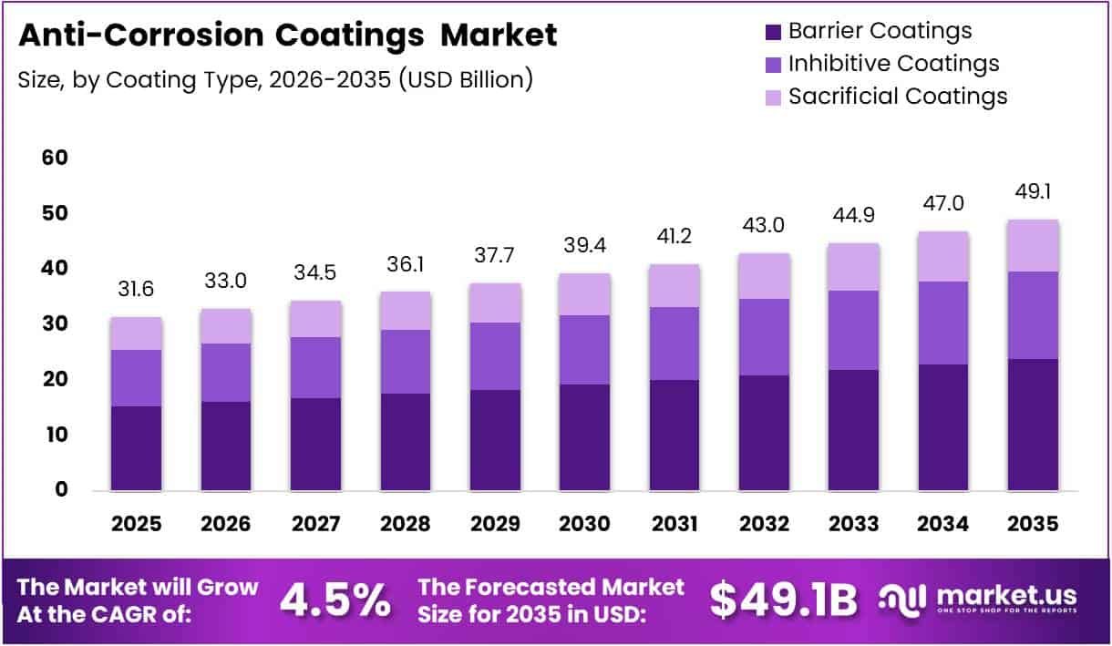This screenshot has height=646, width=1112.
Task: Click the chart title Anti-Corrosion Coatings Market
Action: pyautogui.click(x=287, y=35)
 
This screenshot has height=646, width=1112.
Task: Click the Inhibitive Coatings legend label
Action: pyautogui.click(x=893, y=64)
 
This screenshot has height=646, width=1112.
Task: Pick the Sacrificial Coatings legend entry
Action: pyautogui.click(x=898, y=96)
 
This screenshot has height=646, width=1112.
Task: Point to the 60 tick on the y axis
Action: pyautogui.click(x=55, y=158)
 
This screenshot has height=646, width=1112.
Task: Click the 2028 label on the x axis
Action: pyautogui.click(x=405, y=524)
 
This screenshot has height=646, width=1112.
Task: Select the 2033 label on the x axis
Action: pyautogui.click(x=853, y=524)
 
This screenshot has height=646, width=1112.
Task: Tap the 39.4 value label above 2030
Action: pyautogui.click(x=584, y=246)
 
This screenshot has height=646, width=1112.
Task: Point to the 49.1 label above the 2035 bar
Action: pyautogui.click(x=1033, y=192)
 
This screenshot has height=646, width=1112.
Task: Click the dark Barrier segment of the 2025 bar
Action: pyautogui.click(x=137, y=448)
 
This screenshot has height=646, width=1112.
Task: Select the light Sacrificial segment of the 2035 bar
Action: pyautogui.click(x=1033, y=246)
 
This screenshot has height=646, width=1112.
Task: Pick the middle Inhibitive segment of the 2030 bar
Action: pyautogui.click(x=584, y=350)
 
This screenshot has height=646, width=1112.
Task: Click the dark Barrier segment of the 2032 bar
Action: pyautogui.click(x=764, y=433)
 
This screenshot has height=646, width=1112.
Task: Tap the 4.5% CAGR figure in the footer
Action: pyautogui.click(x=335, y=600)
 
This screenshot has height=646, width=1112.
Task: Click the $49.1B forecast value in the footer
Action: pyautogui.click(x=784, y=600)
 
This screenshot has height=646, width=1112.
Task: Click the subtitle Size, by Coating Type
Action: pyautogui.click(x=274, y=79)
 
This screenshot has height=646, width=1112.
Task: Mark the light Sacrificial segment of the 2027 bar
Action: pyautogui.click(x=315, y=319)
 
